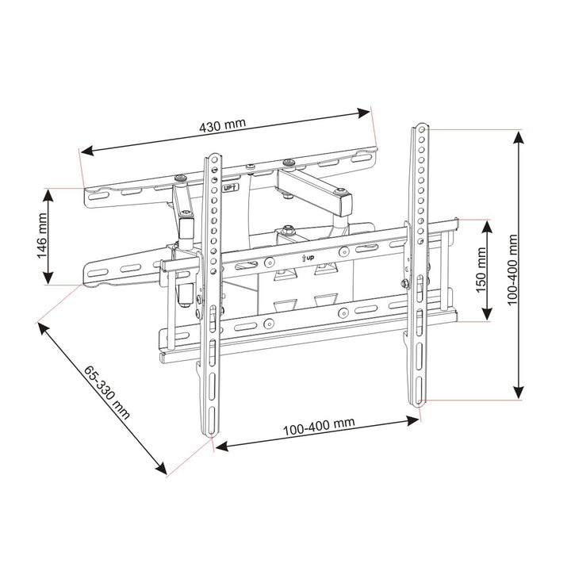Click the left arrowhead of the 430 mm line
85,151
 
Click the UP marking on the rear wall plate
229,189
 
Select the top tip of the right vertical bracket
420,126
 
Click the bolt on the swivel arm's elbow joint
340,192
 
